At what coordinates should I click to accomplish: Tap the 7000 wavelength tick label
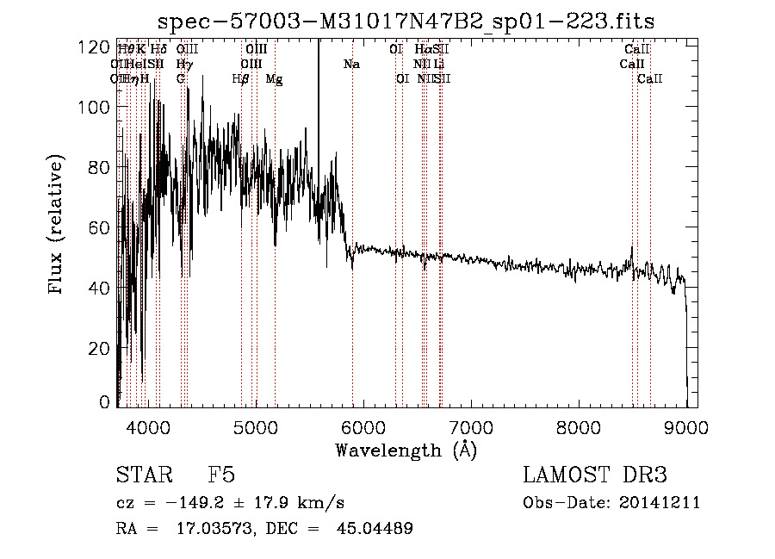[471, 426]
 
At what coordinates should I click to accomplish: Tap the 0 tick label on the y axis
[105, 402]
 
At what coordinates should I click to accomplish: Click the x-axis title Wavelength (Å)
[406, 450]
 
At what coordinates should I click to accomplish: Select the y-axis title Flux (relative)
[57, 226]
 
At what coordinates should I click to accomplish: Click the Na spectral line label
[351, 65]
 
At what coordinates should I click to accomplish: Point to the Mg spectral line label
[274, 79]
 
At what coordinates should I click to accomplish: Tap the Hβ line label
[241, 79]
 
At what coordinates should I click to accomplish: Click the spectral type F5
[221, 475]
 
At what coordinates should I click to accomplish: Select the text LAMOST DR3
[595, 475]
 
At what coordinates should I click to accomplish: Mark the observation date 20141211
[659, 503]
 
